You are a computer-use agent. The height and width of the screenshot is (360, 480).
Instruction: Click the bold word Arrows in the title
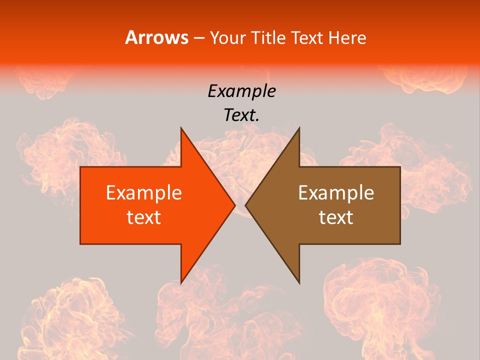point(156,38)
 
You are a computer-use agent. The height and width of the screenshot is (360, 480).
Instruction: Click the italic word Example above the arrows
point(241,91)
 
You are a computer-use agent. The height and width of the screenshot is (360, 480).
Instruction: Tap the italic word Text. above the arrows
point(241,115)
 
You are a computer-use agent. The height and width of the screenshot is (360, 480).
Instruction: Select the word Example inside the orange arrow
point(144,192)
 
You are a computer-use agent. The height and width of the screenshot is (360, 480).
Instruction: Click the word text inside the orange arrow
point(144,217)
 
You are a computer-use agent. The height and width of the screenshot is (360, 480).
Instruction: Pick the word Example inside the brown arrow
point(336,192)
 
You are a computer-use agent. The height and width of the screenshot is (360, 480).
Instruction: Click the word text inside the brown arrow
point(336,217)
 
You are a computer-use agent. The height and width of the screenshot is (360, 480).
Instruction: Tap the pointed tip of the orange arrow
point(235,205)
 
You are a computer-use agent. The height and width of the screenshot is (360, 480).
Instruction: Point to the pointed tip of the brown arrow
point(245,205)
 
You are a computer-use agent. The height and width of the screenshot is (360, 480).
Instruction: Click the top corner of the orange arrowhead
point(181,128)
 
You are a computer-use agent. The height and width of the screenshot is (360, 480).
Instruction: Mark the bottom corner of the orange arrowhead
point(181,283)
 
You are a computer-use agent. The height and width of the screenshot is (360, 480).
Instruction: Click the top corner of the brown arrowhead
point(299,128)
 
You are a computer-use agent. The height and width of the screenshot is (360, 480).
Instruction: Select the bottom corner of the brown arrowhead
point(299,283)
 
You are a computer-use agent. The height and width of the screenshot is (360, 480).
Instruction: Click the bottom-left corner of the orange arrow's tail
point(80,244)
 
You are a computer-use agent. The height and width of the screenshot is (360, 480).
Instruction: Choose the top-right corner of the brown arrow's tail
point(400,167)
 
